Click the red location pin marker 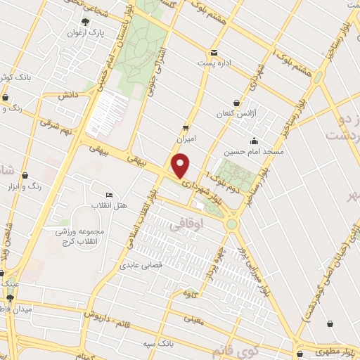[181, 165]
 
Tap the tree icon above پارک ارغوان [86, 21]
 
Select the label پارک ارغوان [86, 33]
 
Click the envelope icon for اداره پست [213, 52]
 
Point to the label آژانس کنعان [233, 114]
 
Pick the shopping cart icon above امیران [185, 127]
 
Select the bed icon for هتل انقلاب [108, 195]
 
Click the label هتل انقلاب [108, 205]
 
